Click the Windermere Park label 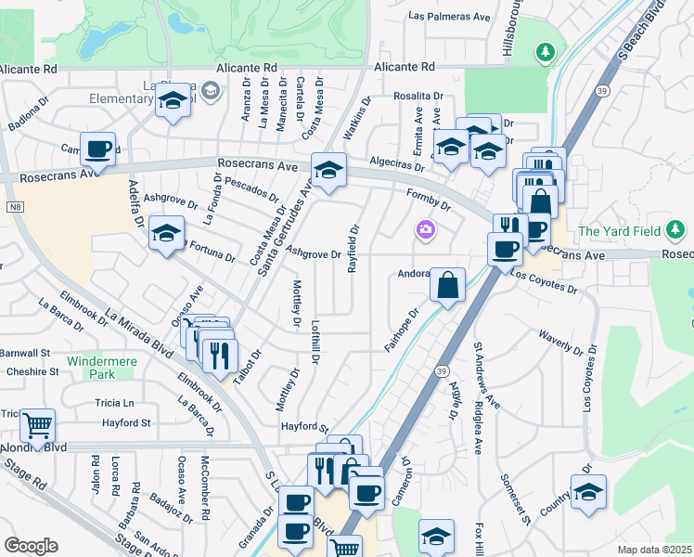[91, 367]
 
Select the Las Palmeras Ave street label [449, 17]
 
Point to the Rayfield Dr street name [353, 248]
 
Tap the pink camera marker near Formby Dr [426, 229]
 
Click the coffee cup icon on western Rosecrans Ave [97, 149]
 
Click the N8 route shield [14, 207]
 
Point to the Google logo [31, 546]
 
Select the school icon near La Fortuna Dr [166, 233]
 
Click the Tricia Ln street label [114, 403]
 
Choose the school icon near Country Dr [588, 493]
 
